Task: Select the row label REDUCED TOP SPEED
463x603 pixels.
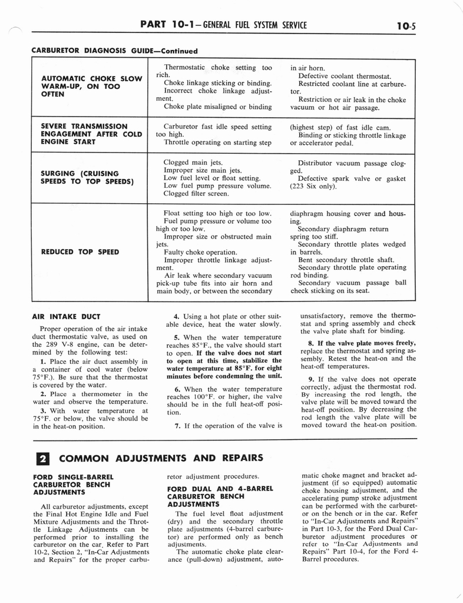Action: pyautogui.click(x=80, y=252)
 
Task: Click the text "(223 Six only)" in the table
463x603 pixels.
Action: pyautogui.click(x=313, y=187)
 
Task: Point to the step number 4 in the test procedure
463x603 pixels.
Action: pyautogui.click(x=177, y=316)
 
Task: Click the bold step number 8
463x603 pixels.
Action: pyautogui.click(x=311, y=343)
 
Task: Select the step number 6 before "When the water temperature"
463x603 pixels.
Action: pyautogui.click(x=177, y=389)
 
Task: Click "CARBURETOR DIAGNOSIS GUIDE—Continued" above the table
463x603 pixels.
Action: pyautogui.click(x=114, y=51)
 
